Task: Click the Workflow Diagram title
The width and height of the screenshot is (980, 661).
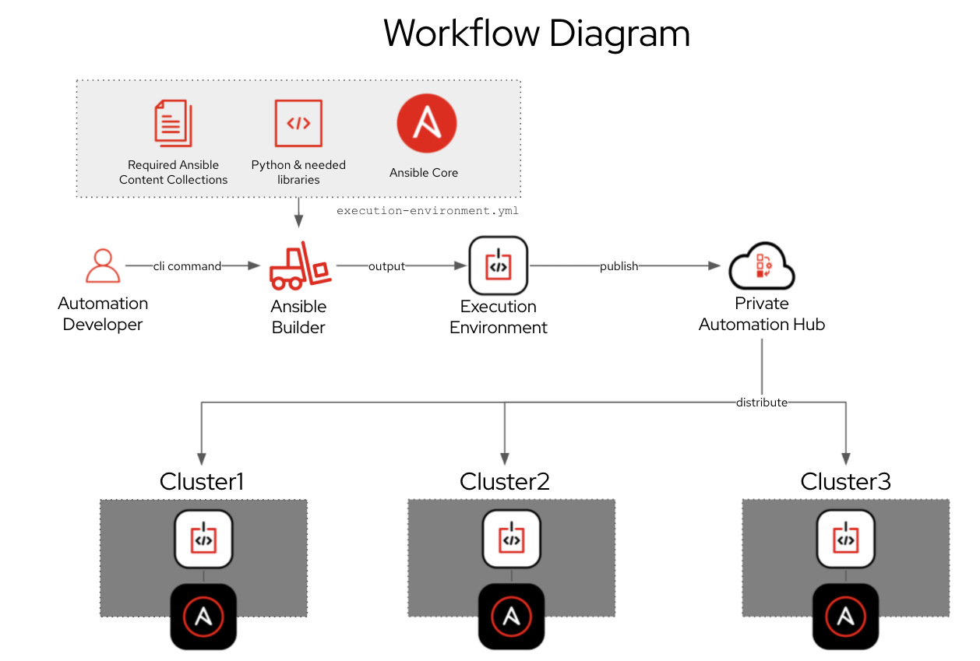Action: tap(537, 33)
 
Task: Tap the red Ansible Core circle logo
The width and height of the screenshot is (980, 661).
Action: tap(426, 123)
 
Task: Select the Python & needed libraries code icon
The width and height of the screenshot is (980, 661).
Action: tap(298, 123)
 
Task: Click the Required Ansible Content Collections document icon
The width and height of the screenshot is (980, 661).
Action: tap(173, 123)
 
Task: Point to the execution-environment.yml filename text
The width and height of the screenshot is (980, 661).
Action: tap(427, 211)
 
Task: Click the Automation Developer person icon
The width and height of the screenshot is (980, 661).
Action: tap(103, 265)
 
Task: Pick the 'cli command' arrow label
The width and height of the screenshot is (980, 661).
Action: tap(187, 266)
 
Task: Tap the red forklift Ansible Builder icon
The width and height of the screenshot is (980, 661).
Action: tap(299, 265)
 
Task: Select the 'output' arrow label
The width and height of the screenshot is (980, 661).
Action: tap(386, 266)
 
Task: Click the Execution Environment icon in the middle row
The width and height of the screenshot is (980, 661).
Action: tap(499, 265)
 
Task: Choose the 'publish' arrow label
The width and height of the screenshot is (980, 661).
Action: tap(619, 266)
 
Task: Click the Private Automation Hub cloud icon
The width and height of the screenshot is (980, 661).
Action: tap(761, 267)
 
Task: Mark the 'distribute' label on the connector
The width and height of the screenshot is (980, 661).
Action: tap(762, 403)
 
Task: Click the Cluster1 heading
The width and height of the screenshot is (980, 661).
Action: tap(202, 482)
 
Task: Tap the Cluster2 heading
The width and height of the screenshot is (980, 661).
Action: tap(505, 482)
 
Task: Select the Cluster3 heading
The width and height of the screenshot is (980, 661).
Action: tap(845, 482)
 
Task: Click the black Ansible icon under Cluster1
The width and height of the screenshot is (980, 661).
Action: tap(203, 617)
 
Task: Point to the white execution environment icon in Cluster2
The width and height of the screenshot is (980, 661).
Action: tap(511, 539)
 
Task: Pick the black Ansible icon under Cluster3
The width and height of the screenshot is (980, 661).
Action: tap(845, 617)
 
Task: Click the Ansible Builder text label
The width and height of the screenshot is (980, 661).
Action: tap(298, 317)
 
